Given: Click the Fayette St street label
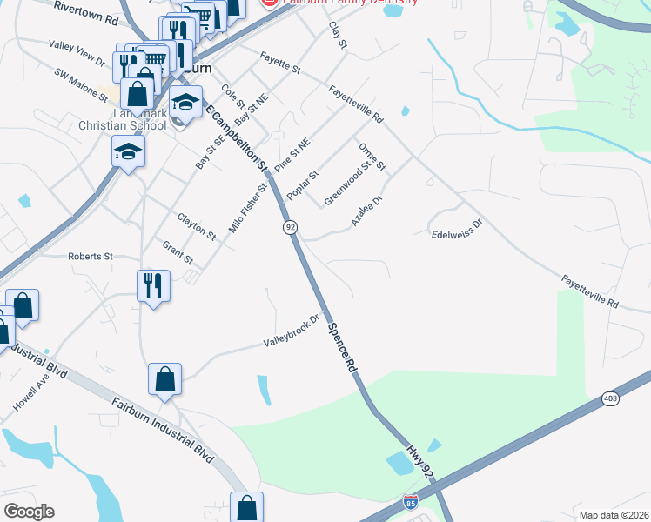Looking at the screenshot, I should click(x=279, y=62).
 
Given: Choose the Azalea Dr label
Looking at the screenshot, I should click(x=366, y=212).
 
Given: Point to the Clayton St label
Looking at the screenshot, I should click(x=196, y=225).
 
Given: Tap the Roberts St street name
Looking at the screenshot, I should click(x=91, y=257).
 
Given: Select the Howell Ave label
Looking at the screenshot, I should click(x=31, y=395).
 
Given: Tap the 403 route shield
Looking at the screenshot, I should click(x=610, y=398).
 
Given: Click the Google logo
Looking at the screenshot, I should click(x=29, y=512).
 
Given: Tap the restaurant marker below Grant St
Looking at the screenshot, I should click(x=153, y=285).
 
